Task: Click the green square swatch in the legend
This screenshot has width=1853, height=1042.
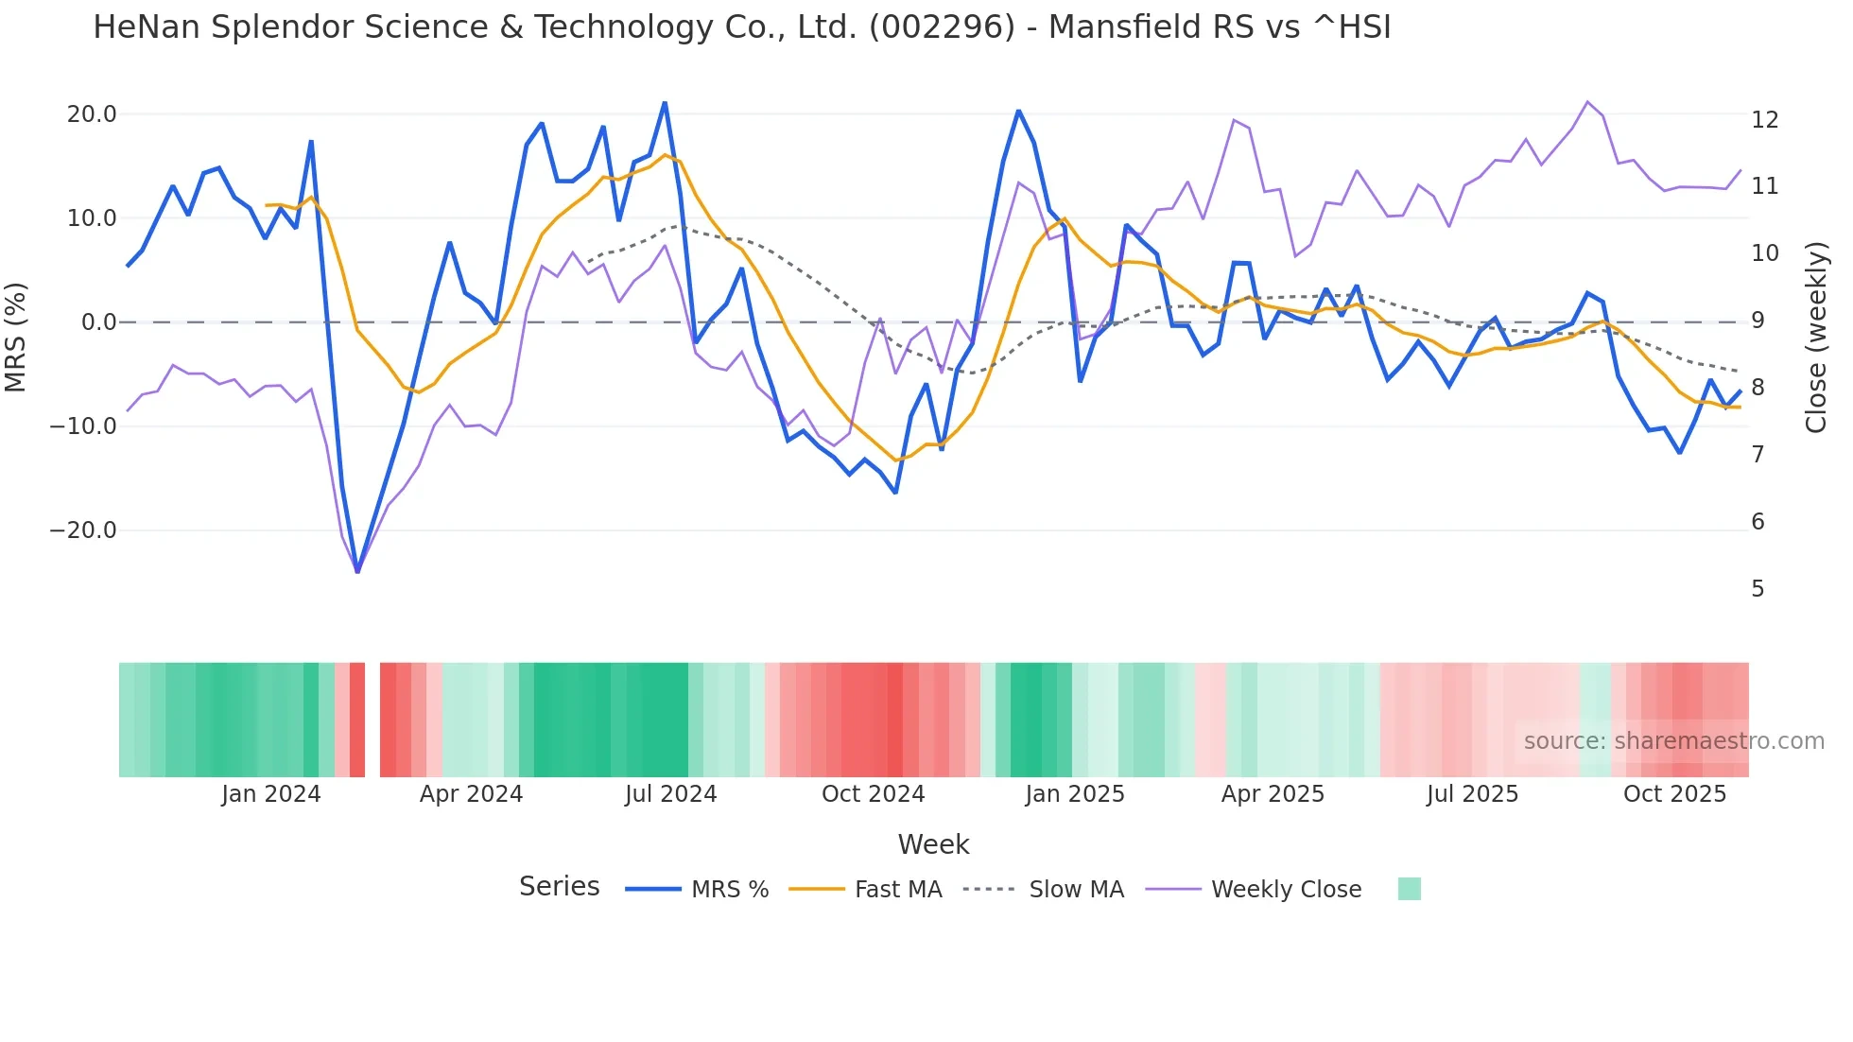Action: (1409, 889)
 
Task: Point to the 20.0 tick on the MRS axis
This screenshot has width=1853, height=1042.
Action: (92, 114)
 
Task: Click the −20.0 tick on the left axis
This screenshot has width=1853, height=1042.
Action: (83, 530)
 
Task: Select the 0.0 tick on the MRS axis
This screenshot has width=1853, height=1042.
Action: (99, 322)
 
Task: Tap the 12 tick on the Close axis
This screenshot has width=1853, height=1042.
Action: (1764, 120)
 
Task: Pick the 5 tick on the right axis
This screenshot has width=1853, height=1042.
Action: (1758, 589)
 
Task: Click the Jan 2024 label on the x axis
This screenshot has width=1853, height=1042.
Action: (271, 794)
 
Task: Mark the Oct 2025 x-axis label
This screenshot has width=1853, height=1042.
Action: (1674, 794)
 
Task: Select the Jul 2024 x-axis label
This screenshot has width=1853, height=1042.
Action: (670, 794)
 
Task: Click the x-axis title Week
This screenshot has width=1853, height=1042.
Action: (933, 844)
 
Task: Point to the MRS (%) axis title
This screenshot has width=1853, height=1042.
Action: (16, 337)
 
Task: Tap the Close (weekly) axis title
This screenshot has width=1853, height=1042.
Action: (1815, 338)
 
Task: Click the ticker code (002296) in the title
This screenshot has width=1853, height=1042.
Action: (941, 27)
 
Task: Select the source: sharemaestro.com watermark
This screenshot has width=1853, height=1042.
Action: (1673, 741)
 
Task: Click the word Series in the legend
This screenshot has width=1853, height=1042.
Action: (559, 887)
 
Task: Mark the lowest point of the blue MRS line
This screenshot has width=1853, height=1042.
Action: (357, 571)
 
